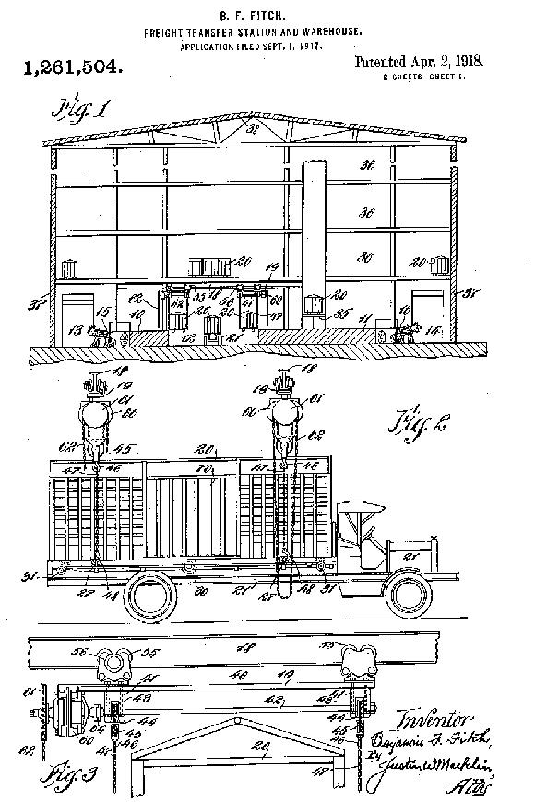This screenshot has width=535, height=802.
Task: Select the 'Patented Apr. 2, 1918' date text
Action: click(x=419, y=63)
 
